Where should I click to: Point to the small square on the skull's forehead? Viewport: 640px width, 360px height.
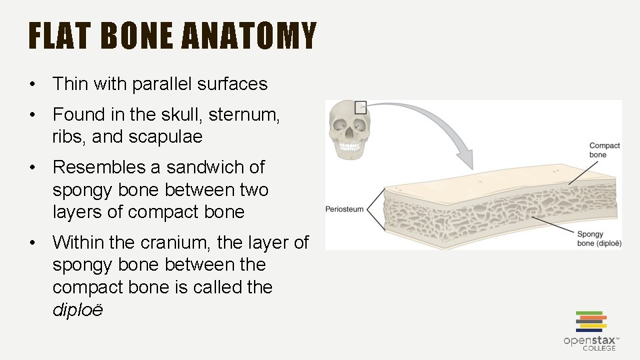pyautogui.click(x=361, y=107)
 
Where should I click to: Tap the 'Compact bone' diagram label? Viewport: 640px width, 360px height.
pyautogui.click(x=605, y=150)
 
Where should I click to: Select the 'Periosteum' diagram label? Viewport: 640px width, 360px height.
pyautogui.click(x=344, y=209)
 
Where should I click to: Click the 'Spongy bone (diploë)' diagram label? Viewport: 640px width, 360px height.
pyautogui.click(x=599, y=239)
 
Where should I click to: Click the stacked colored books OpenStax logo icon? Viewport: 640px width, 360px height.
pyautogui.click(x=589, y=321)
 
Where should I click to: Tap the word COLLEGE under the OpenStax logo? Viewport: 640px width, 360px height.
pyautogui.click(x=599, y=349)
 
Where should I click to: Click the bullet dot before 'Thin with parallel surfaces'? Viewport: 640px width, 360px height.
pyautogui.click(x=32, y=85)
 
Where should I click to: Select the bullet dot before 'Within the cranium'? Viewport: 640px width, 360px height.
pyautogui.click(x=32, y=243)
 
